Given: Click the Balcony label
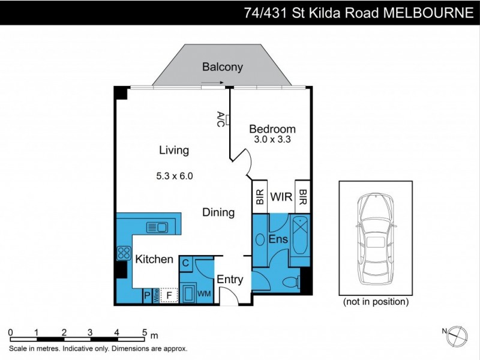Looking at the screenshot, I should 222,67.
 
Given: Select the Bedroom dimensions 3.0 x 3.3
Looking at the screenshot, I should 272,142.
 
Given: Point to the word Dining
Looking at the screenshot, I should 218,212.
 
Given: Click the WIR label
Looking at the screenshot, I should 280,197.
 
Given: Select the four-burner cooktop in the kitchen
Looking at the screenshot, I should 124,253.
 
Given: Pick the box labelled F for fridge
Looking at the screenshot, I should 169,295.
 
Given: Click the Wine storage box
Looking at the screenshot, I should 156,296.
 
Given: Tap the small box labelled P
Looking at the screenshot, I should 147,296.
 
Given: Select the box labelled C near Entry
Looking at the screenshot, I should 186,263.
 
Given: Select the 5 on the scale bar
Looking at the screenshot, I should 144,331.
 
